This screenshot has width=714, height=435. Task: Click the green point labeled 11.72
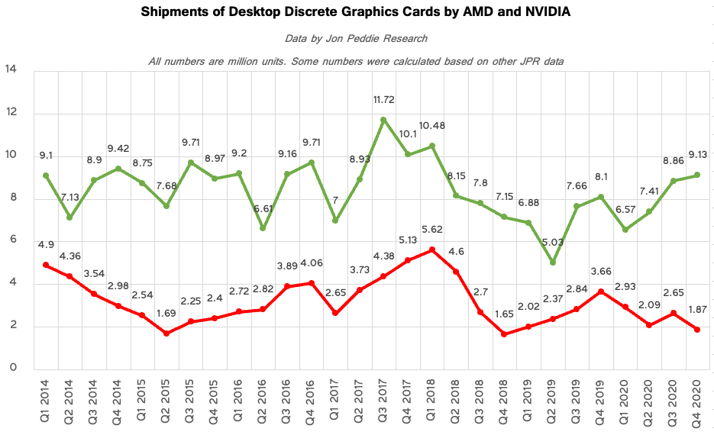click(383, 120)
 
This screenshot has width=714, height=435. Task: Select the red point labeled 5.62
click(432, 250)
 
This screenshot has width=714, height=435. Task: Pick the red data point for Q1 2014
click(46, 265)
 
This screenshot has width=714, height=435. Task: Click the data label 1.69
click(165, 313)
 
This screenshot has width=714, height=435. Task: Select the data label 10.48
click(433, 124)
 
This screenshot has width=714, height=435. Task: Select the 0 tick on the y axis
click(12, 369)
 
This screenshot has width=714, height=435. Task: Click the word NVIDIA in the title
click(545, 13)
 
